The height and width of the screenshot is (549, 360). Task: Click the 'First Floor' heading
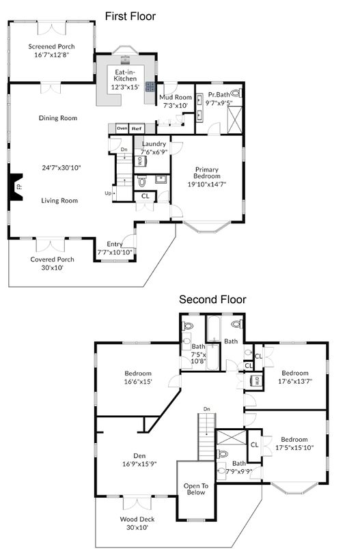tap(130, 16)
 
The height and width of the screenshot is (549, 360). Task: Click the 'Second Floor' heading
tap(212, 299)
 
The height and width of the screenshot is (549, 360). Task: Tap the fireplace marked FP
tap(16, 187)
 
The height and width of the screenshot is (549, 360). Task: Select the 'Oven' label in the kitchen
tap(122, 128)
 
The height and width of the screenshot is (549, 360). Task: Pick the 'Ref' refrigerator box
tap(137, 129)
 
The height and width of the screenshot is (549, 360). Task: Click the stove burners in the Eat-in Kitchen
tap(151, 87)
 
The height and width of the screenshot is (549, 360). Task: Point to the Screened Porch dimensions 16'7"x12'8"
tap(52, 55)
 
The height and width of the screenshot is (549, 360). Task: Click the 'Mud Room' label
tap(176, 98)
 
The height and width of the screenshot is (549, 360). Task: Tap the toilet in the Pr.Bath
tap(236, 93)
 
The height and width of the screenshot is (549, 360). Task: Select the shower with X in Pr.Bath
tap(234, 119)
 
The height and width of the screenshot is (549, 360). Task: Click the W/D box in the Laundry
tap(140, 161)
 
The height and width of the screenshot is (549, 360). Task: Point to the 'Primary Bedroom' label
tap(206, 173)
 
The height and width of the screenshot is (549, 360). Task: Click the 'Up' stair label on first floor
tap(108, 193)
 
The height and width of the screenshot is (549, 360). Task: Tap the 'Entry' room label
tap(115, 244)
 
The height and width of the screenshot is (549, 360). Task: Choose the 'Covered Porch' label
tap(52, 259)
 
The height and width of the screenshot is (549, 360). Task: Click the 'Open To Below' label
tap(196, 489)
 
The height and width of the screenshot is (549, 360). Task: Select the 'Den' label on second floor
tap(139, 456)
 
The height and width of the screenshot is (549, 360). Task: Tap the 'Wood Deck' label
tap(137, 519)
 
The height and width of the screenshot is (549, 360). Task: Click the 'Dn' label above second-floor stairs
tap(207, 409)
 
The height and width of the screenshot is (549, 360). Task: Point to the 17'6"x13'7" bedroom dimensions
tap(295, 381)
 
